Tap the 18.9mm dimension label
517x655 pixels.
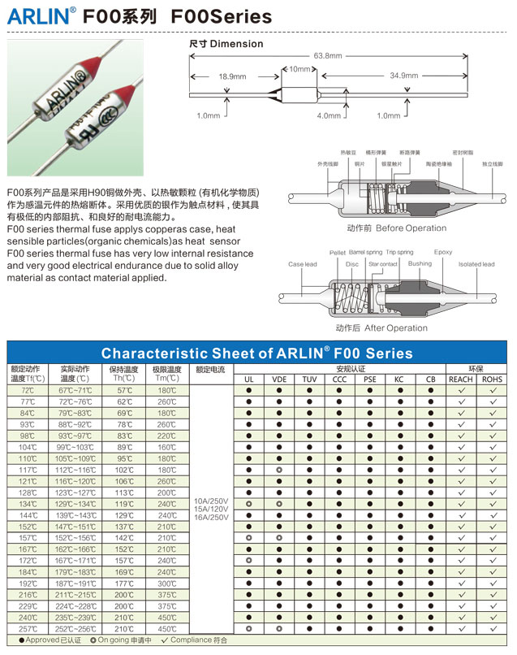click(232, 76)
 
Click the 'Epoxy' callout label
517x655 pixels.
click(443, 252)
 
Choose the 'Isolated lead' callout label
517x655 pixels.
click(476, 264)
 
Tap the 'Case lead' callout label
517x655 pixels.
click(303, 264)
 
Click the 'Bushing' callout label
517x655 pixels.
click(420, 263)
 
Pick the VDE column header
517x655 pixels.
click(279, 380)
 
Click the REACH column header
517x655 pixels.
click(461, 380)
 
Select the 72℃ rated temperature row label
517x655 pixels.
click(28, 391)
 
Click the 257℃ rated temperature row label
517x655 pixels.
click(28, 628)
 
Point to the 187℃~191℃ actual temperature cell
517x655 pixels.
click(75, 583)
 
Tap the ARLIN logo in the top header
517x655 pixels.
click(40, 15)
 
